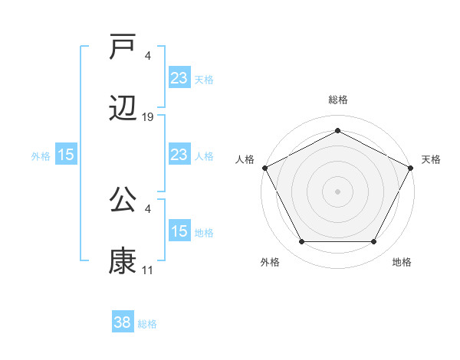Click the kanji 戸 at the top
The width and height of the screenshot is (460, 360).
(123, 45)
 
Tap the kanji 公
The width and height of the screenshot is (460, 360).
(123, 198)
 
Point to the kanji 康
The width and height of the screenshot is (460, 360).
(123, 260)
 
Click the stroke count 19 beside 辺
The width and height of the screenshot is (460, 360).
(148, 116)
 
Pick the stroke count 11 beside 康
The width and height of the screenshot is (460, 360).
(148, 270)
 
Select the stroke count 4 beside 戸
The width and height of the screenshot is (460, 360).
(148, 55)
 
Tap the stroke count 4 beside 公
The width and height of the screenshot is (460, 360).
(148, 208)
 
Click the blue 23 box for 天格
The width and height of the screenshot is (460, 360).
(179, 78)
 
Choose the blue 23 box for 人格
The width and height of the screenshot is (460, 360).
(179, 155)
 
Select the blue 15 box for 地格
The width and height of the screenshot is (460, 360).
(179, 231)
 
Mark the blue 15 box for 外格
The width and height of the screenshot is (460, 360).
(66, 155)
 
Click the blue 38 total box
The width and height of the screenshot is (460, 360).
(123, 323)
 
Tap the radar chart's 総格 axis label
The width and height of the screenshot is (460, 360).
(338, 100)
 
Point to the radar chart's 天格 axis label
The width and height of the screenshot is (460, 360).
(431, 159)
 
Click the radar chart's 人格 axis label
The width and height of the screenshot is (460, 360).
(245, 159)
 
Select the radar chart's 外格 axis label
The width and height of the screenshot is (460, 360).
(270, 262)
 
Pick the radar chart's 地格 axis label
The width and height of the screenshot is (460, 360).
(402, 262)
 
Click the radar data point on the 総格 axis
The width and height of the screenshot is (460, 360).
(337, 130)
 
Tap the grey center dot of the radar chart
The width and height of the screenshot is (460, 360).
(337, 191)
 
